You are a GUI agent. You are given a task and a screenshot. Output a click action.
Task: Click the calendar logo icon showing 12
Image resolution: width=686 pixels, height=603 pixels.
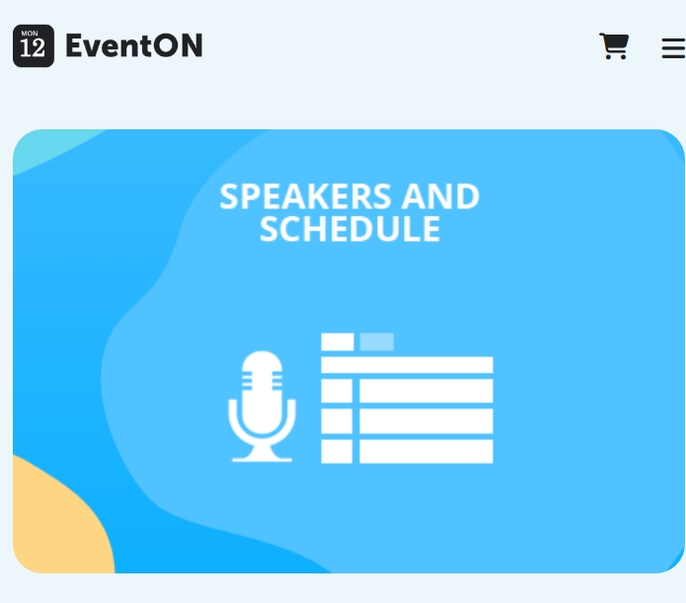(x=34, y=46)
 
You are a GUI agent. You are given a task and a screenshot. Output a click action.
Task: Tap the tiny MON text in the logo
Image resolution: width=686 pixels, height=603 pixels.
(x=30, y=34)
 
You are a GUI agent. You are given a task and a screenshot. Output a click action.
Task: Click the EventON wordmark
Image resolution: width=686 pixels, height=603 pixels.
(x=134, y=45)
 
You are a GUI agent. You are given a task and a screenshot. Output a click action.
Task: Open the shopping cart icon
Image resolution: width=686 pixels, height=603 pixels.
(x=614, y=45)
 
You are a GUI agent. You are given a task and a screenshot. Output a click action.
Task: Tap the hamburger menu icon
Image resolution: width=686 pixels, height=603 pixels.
(x=674, y=47)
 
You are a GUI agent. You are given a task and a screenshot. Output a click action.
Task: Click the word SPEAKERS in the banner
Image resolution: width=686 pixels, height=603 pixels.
(x=305, y=196)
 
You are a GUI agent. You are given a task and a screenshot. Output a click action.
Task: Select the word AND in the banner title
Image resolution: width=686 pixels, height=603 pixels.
(x=440, y=196)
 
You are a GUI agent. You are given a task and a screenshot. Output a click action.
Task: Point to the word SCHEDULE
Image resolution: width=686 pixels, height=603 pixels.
(x=349, y=229)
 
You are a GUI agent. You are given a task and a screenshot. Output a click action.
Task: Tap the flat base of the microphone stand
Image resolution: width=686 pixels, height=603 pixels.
(x=262, y=459)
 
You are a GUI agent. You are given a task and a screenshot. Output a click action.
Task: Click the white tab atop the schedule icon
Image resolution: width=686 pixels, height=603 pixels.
(x=338, y=341)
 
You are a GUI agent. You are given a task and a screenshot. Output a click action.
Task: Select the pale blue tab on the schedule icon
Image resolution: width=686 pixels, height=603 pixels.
(x=377, y=341)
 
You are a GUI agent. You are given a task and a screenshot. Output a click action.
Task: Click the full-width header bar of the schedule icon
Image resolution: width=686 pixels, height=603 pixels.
(x=407, y=365)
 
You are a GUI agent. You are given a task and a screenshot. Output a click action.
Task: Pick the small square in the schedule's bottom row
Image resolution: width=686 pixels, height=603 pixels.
(x=337, y=451)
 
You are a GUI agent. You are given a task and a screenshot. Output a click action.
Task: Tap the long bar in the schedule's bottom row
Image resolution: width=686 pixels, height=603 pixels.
(x=426, y=451)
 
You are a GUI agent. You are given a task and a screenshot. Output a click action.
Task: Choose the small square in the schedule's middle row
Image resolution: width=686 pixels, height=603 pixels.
(x=337, y=421)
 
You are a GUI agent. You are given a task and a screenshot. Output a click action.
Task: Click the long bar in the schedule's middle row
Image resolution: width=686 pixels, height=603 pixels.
(x=426, y=421)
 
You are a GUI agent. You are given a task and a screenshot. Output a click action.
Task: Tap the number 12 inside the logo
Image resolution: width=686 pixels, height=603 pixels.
(x=33, y=47)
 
